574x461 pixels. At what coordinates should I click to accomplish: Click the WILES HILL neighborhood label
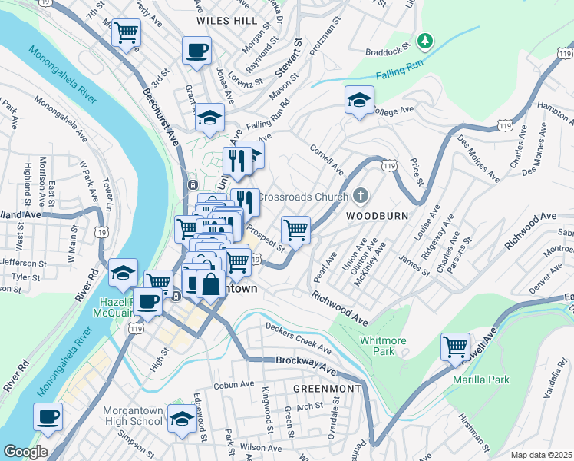224,22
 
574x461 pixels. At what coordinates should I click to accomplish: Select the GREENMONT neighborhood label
327,389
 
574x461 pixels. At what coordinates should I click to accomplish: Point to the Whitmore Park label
377,344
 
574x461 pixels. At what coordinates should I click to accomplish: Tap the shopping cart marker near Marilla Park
455,347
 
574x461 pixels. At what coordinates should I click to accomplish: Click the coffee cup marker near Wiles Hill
196,51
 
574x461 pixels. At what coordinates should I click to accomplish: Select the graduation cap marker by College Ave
358,101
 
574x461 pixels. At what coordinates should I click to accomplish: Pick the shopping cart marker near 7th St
126,33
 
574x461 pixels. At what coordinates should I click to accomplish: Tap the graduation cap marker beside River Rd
123,273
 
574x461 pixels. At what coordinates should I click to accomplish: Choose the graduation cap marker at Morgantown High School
182,419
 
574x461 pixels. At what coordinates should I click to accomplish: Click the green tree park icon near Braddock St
423,39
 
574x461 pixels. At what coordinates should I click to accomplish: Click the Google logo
25,452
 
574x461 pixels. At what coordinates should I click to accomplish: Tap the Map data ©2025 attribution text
540,455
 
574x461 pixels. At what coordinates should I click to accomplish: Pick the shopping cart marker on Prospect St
295,228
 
